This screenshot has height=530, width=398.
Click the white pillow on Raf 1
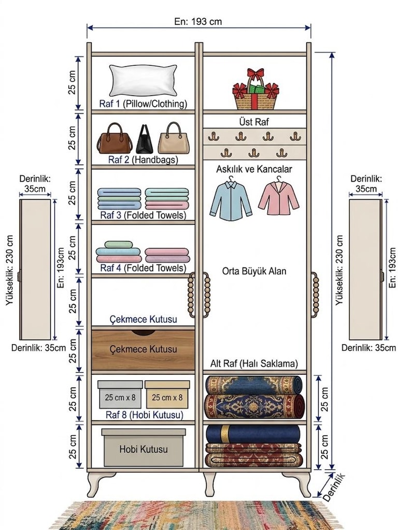coord(143,80)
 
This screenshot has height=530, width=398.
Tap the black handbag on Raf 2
coord(145,139)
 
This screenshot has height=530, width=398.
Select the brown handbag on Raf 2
coord(115,138)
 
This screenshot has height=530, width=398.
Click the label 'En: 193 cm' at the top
coord(198,22)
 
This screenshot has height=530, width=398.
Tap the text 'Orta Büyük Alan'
coord(254,271)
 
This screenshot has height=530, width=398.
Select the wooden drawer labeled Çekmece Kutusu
coord(143,350)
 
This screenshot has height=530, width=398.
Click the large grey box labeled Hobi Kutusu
coord(144,448)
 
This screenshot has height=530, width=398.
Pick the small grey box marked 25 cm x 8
coord(120,394)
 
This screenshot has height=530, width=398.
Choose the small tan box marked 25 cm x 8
coord(167,394)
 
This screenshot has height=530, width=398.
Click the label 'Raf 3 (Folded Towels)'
coord(143,215)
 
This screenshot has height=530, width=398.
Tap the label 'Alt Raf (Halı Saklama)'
coord(254,364)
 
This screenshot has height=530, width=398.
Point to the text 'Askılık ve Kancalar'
coord(254,169)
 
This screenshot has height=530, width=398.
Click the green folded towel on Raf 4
coord(118,244)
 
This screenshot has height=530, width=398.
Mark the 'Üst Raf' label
coord(254,122)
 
